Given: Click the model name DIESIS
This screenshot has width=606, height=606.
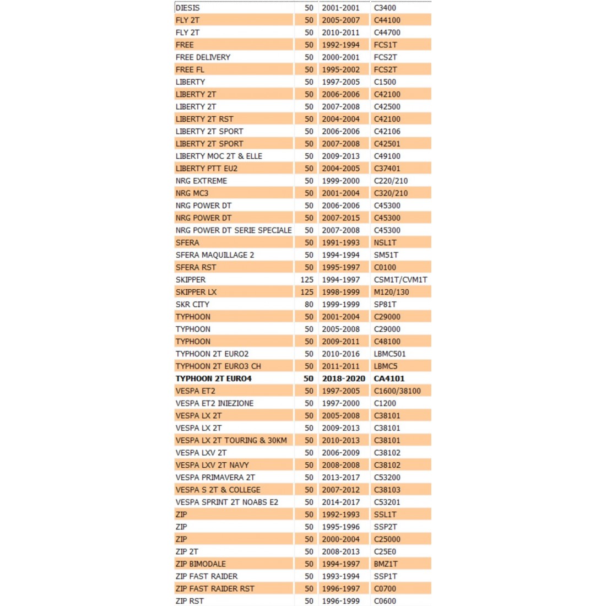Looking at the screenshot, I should click(187, 8).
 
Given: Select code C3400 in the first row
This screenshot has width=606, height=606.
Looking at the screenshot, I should click(385, 8).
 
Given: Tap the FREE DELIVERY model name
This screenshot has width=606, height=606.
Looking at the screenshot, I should click(203, 57).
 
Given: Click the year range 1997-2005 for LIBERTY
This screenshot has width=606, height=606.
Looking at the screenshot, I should click(340, 82).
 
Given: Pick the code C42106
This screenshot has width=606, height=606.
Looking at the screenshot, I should click(387, 131).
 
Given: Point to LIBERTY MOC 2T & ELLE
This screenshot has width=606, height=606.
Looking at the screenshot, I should click(219, 156).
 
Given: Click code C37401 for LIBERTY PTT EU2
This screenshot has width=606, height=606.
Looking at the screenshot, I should click(387, 169).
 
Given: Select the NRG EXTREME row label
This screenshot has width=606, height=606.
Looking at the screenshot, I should click(201, 181).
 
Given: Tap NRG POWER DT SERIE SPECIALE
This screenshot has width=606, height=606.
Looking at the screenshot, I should click(234, 230).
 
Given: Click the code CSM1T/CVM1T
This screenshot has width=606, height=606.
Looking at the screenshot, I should click(401, 280).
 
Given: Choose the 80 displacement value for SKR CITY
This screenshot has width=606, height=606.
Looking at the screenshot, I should click(309, 305).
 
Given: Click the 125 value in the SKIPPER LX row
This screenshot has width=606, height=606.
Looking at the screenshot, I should click(307, 292).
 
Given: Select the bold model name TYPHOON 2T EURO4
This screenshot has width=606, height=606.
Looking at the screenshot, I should click(213, 378).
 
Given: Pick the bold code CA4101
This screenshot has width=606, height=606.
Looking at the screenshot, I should click(389, 378).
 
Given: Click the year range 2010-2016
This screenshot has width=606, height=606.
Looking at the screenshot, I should click(340, 354).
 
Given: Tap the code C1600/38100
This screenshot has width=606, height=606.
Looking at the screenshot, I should click(397, 391).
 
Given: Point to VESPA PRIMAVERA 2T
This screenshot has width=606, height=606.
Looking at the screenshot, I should click(215, 478).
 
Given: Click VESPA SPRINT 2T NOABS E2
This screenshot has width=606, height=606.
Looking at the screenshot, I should click(226, 502).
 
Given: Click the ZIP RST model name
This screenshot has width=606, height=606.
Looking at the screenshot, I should click(190, 601).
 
